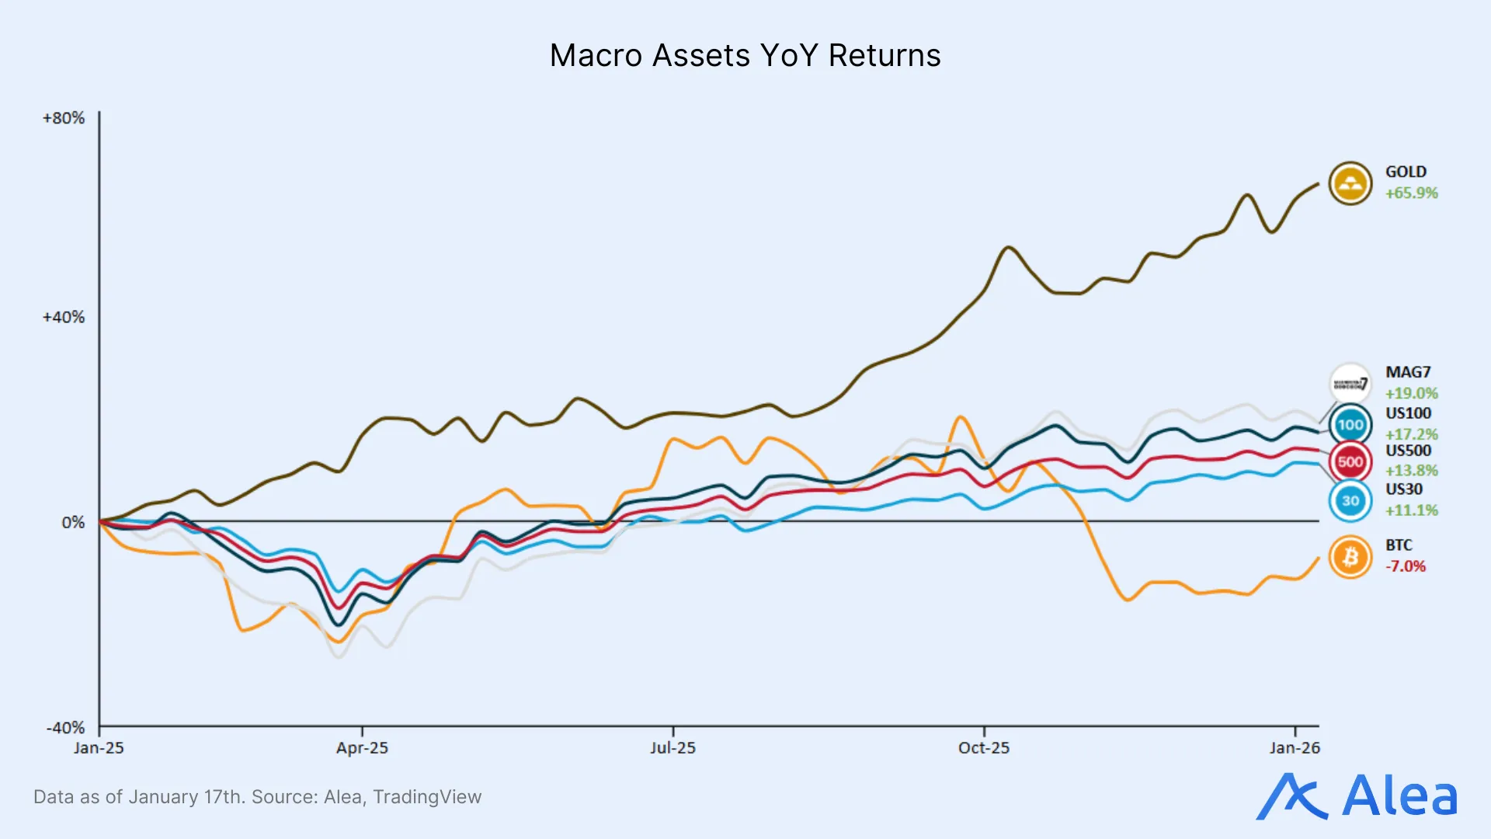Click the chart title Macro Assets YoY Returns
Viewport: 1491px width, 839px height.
745,56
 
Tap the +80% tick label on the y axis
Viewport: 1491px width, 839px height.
64,118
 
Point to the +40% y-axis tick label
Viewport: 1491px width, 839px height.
64,317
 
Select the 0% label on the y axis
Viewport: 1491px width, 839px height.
73,523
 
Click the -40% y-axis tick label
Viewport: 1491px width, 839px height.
65,728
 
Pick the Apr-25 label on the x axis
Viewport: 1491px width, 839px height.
362,748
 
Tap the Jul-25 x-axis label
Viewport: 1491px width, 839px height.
673,748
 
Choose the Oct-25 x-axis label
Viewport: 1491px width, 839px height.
984,748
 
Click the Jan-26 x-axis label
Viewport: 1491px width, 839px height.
1295,748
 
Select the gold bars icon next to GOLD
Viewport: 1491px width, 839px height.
1350,183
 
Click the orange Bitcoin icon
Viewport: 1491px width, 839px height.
1350,557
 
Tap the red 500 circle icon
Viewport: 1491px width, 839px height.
1350,461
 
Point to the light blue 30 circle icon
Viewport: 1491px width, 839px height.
1350,501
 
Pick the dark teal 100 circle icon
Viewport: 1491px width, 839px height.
1350,425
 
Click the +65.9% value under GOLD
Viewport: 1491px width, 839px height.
1412,193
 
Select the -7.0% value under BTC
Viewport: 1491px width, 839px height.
1406,566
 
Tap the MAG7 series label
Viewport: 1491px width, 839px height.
1408,372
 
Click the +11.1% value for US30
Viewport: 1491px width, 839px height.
1412,510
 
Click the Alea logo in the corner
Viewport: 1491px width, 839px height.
1357,796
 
